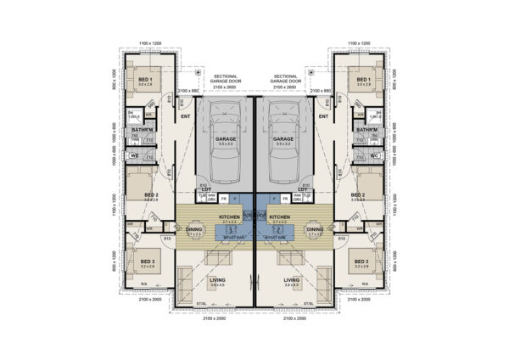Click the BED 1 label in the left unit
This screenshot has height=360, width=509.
point(144,80)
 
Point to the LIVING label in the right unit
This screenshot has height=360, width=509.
point(292,278)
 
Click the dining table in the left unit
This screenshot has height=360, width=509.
point(193,240)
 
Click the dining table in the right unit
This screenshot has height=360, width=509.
point(316,240)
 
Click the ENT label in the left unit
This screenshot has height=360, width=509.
point(185,116)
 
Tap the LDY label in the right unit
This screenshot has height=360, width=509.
point(303,189)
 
